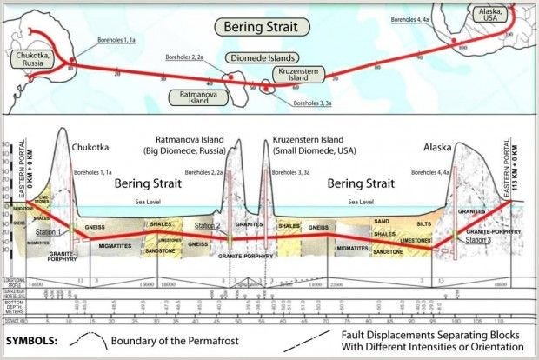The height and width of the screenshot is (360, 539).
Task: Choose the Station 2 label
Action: pyautogui.click(x=207, y=226)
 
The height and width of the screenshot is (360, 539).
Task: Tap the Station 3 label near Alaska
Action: pyautogui.click(x=475, y=238)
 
